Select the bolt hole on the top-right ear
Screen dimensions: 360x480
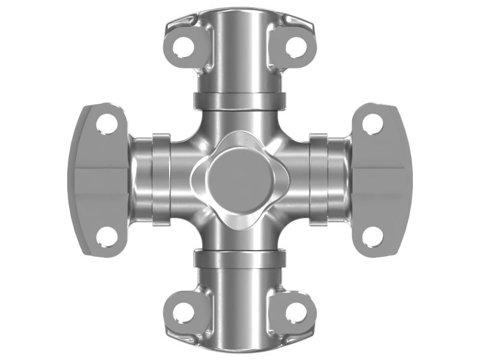point(295,46)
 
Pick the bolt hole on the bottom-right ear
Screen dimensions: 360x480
point(295,311)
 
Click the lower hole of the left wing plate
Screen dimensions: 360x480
point(107,235)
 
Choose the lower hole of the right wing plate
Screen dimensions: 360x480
point(372,235)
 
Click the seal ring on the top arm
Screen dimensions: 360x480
point(239,100)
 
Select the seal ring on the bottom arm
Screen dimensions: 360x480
point(239,259)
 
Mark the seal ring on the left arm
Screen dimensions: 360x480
point(160,179)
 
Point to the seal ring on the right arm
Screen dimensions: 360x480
point(319,179)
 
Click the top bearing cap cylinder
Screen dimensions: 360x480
point(239,54)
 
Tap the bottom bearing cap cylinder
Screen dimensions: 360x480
point(239,306)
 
